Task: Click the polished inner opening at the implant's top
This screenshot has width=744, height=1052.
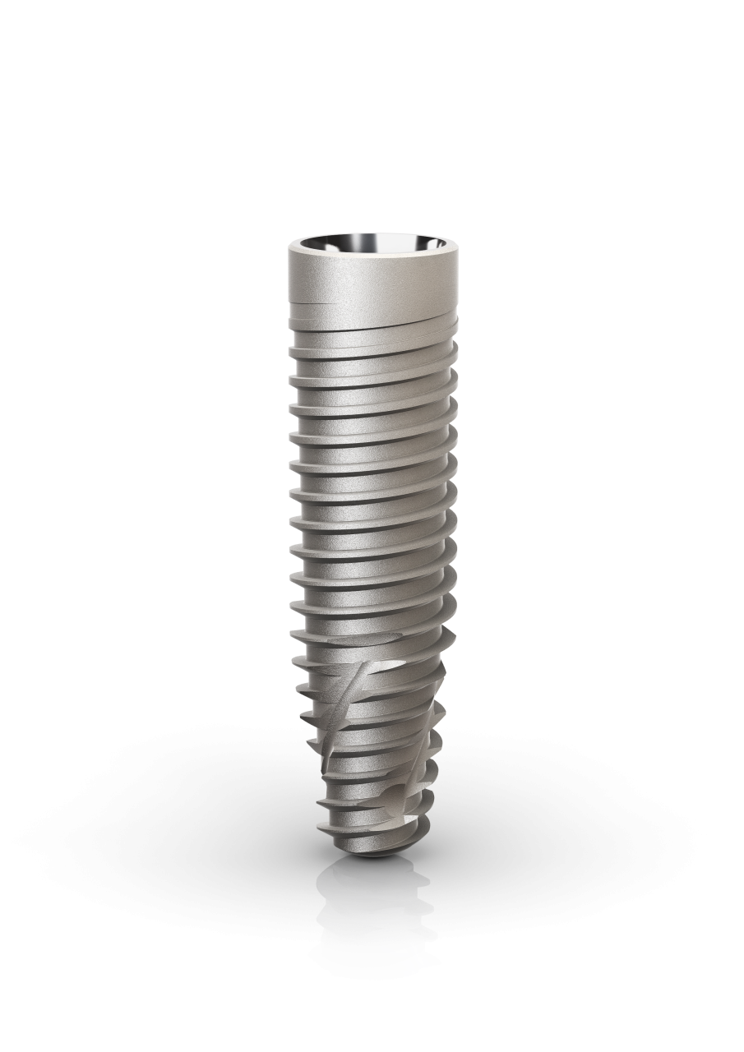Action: click(372, 247)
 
